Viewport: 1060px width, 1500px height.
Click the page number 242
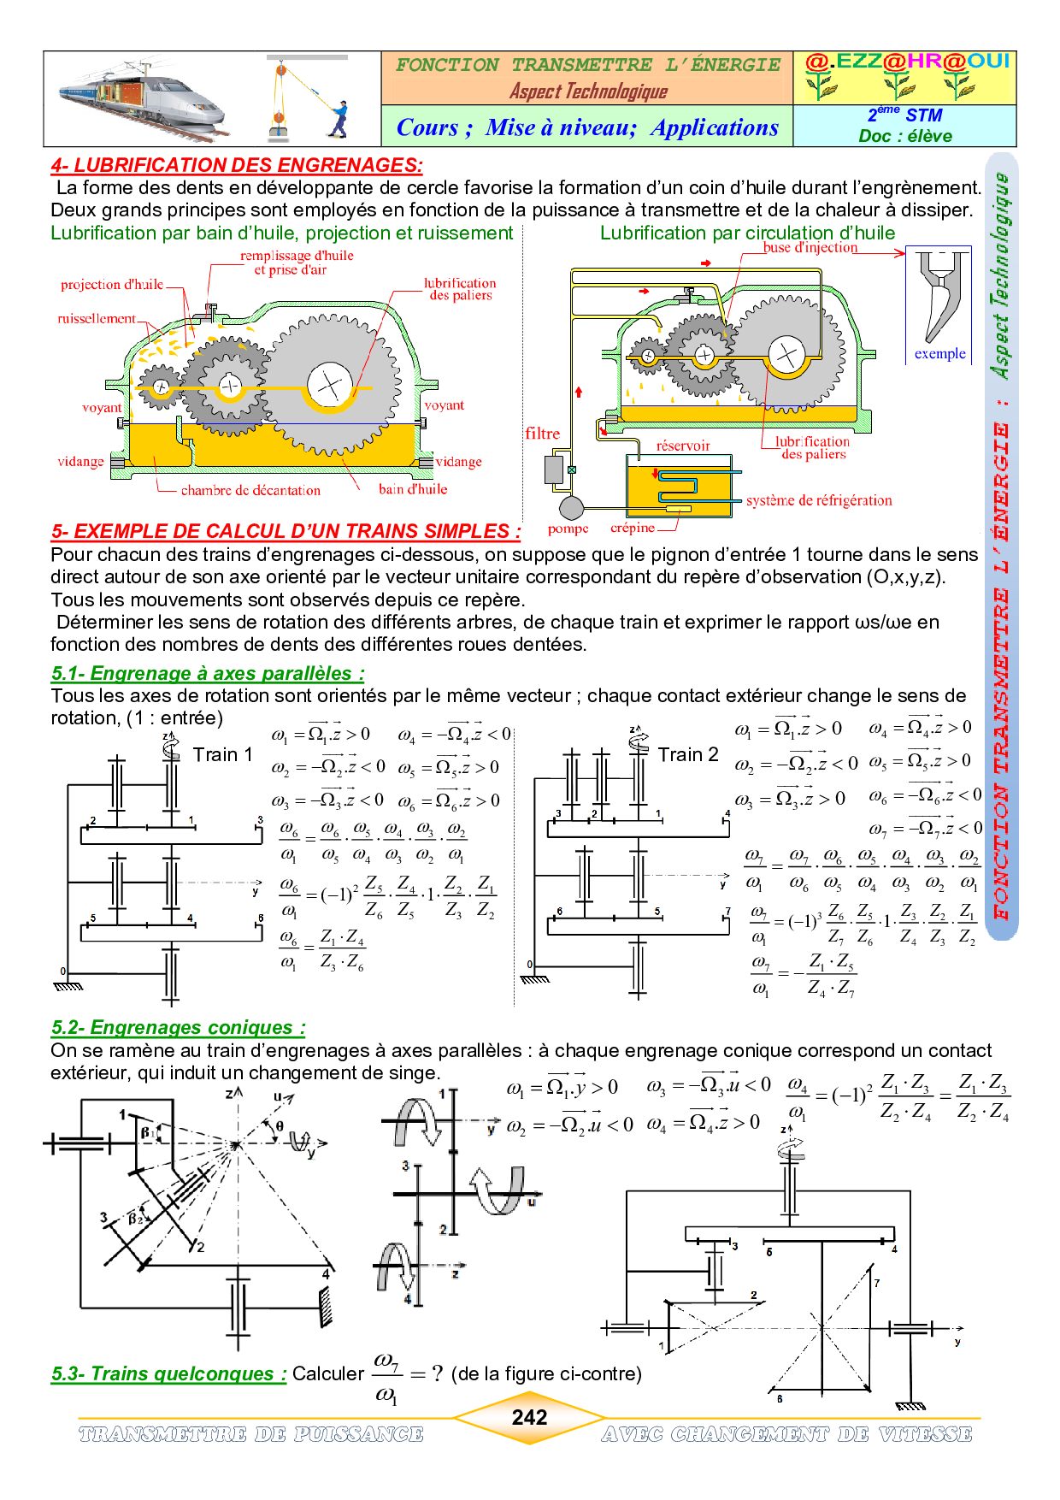[x=529, y=1417]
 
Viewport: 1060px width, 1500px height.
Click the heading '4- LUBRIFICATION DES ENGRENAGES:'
[x=237, y=166]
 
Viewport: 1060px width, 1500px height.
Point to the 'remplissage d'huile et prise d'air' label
[x=297, y=263]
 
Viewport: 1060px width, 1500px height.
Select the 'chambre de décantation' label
[x=250, y=491]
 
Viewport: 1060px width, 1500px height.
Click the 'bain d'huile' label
[x=413, y=489]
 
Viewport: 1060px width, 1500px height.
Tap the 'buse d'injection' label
[x=810, y=247]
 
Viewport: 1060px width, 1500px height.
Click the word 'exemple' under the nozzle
[x=939, y=354]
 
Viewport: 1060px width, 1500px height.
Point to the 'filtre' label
[x=543, y=434]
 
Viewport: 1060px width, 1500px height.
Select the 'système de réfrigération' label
[x=819, y=500]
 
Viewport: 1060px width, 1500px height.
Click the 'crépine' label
[x=633, y=528]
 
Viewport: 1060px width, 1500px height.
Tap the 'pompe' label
[x=568, y=529]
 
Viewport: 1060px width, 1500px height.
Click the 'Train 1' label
[x=223, y=754]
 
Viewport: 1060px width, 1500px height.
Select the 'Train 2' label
[x=688, y=754]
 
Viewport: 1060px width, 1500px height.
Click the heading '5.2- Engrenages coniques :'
[x=178, y=1027]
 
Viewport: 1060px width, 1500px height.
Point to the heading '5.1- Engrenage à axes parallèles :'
[x=208, y=673]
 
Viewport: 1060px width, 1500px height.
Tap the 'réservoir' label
[x=683, y=446]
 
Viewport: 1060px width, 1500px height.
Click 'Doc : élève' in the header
[x=905, y=136]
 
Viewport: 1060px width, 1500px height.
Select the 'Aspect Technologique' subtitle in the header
[x=588, y=91]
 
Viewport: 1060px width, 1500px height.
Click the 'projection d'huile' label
[x=112, y=285]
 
